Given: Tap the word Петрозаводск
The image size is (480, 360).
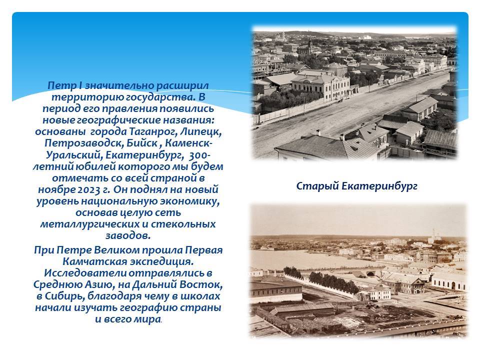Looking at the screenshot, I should tap(73, 143).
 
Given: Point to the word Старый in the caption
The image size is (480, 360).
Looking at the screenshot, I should tap(316, 186).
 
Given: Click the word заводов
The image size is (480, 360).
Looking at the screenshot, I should tap(128, 235).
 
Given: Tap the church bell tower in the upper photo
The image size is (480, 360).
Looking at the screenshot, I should tap(310, 46).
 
